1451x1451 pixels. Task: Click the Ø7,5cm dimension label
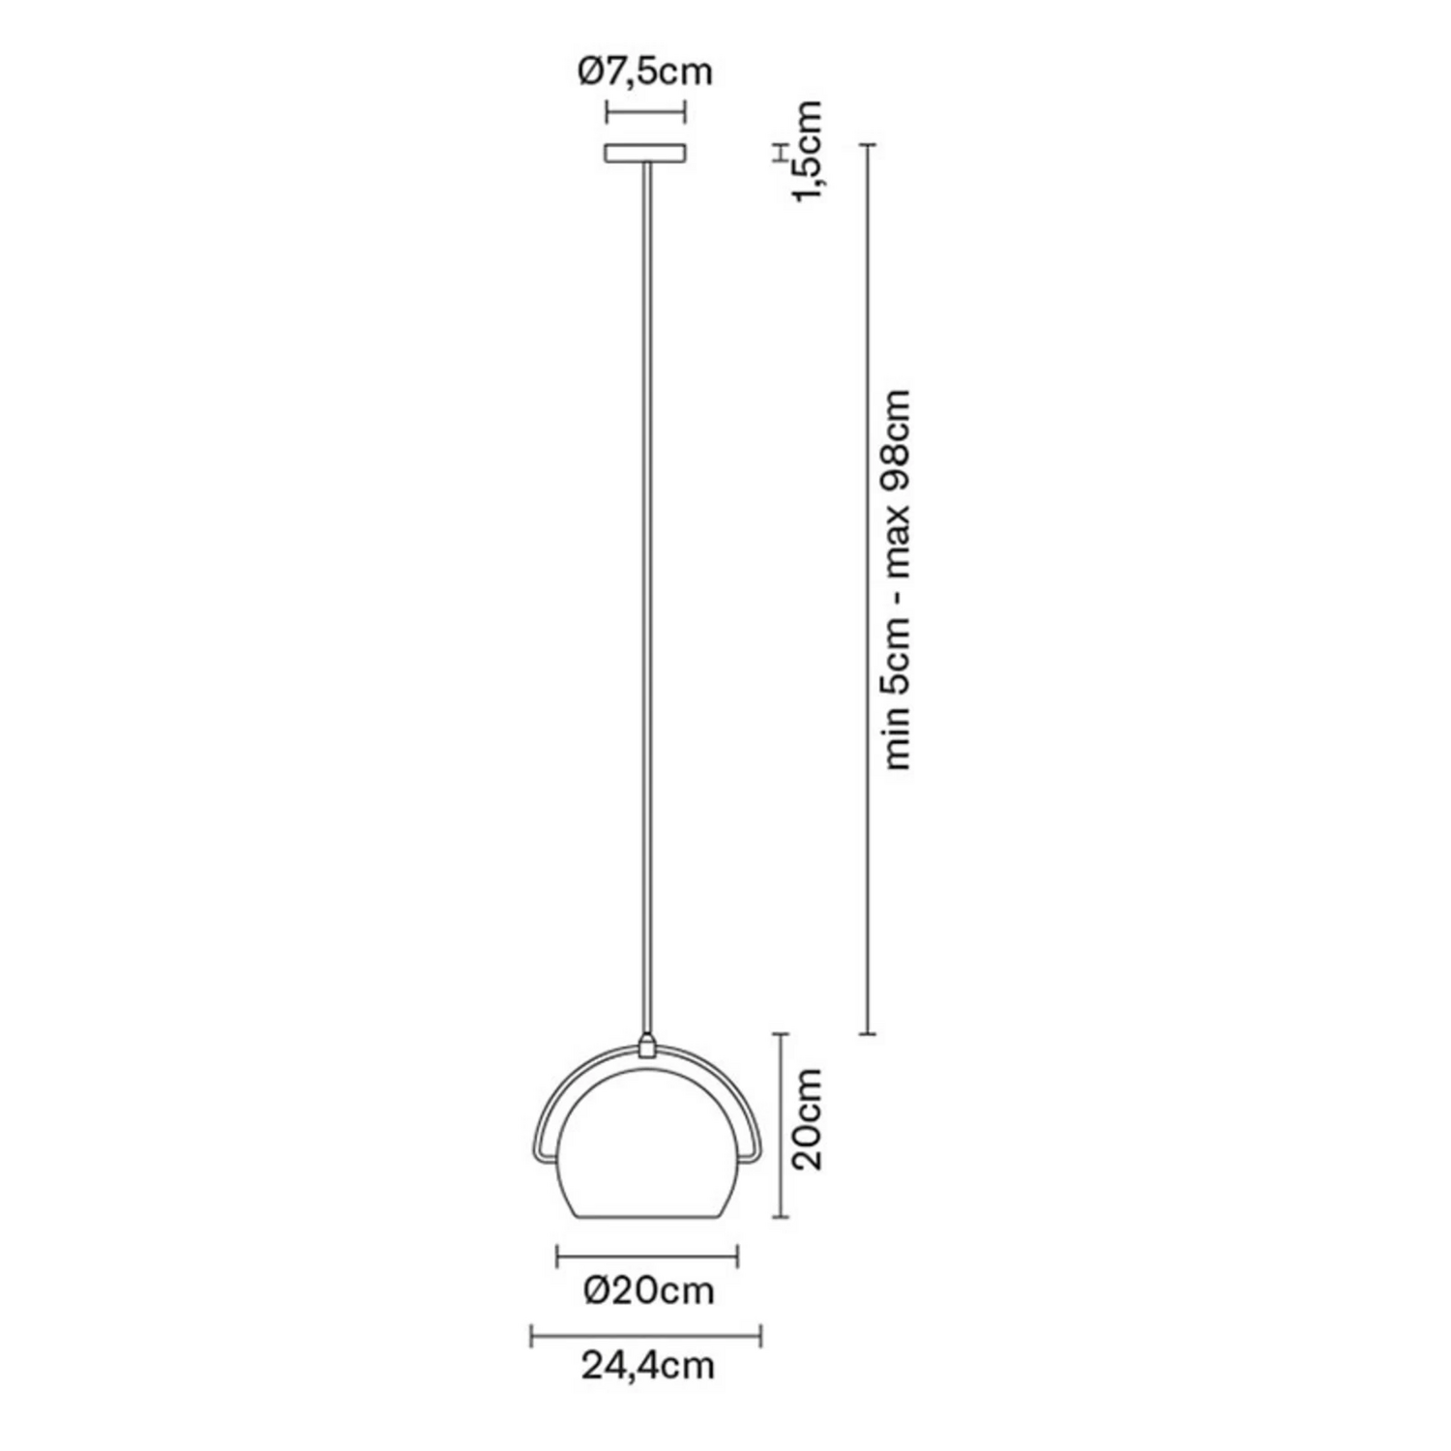point(645,72)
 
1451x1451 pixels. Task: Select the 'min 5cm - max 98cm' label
point(898,579)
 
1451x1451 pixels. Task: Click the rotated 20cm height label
point(806,1119)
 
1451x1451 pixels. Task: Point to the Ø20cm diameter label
point(648,1290)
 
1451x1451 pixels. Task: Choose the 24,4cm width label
point(647,1366)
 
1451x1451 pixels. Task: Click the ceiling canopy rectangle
point(645,153)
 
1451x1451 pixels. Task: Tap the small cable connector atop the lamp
point(646,1046)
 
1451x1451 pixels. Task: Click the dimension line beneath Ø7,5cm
point(645,111)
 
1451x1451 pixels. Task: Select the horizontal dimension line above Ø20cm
point(647,1257)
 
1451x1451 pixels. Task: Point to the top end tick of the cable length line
point(868,144)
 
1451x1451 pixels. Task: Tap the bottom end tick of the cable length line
point(868,1034)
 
